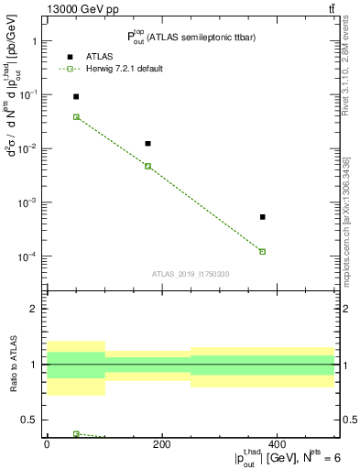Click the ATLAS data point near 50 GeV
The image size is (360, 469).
(76, 96)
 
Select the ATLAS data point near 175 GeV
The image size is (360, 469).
(147, 144)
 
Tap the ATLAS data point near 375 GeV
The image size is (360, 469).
(262, 217)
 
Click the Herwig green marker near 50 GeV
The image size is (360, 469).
(76, 117)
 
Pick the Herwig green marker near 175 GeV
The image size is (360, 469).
(147, 166)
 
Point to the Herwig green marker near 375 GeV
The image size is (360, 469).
(262, 251)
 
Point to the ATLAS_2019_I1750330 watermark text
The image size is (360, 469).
(190, 274)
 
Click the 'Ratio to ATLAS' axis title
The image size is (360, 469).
(12, 364)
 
